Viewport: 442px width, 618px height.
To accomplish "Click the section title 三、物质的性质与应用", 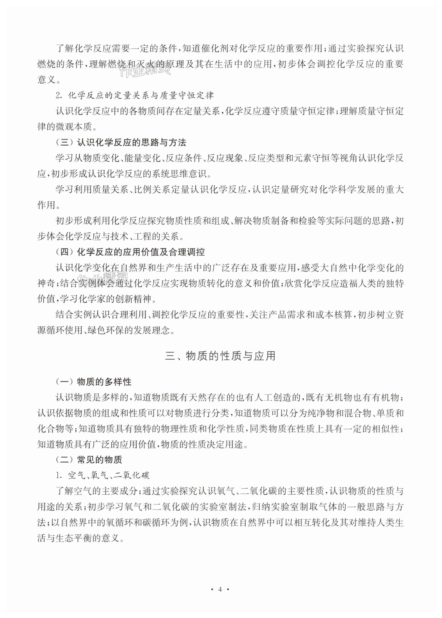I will [x=220, y=356].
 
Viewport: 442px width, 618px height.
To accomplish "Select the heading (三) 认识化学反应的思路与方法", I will [x=121, y=142].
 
